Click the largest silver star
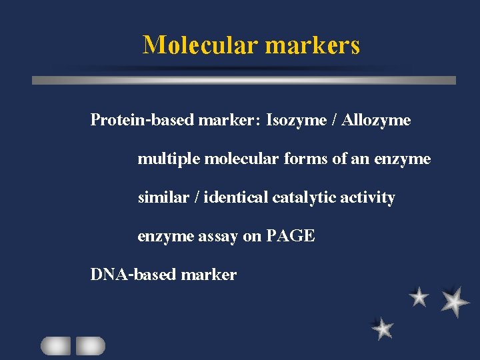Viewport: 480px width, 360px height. point(455,301)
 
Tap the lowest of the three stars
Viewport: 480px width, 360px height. point(383,328)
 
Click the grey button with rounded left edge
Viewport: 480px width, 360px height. point(55,345)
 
